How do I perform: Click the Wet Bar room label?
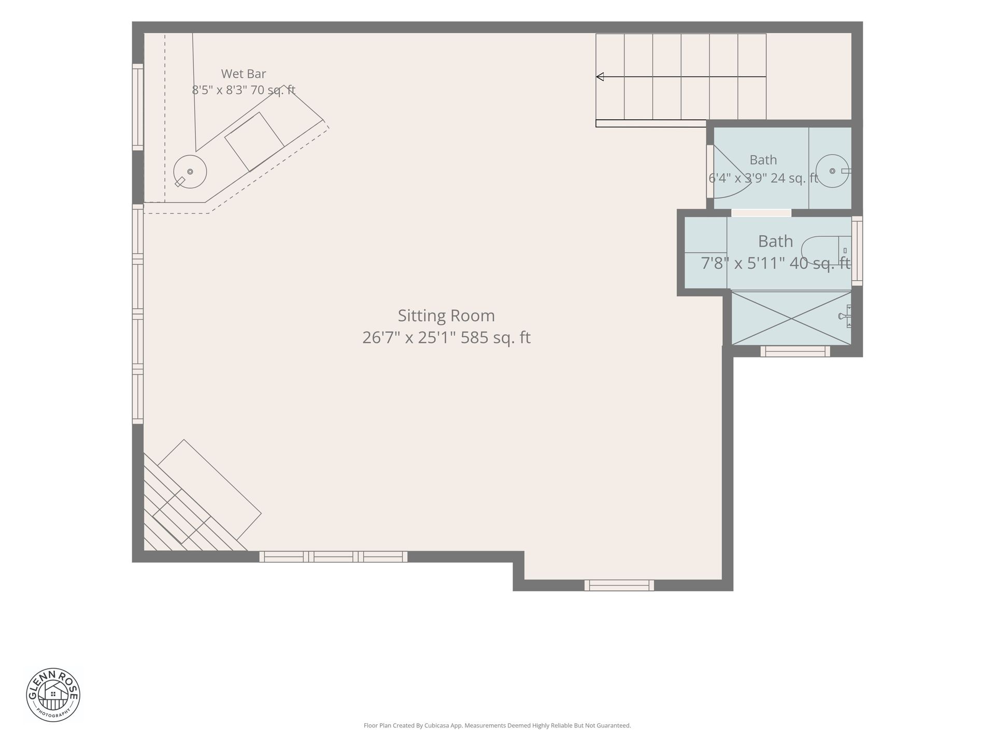tap(244, 74)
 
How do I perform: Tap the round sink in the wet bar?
tap(190, 171)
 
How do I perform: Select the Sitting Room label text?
tap(446, 315)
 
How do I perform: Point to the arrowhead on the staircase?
tap(600, 77)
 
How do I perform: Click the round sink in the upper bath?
tap(832, 171)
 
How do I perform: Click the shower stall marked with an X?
tap(791, 318)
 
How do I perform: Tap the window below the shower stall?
tap(795, 351)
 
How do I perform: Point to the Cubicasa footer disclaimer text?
tap(497, 726)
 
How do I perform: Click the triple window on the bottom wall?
tap(333, 557)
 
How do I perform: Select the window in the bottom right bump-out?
tap(619, 585)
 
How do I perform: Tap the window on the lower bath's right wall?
tap(857, 251)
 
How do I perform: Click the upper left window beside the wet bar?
tap(138, 107)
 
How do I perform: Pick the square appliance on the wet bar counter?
tap(254, 142)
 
